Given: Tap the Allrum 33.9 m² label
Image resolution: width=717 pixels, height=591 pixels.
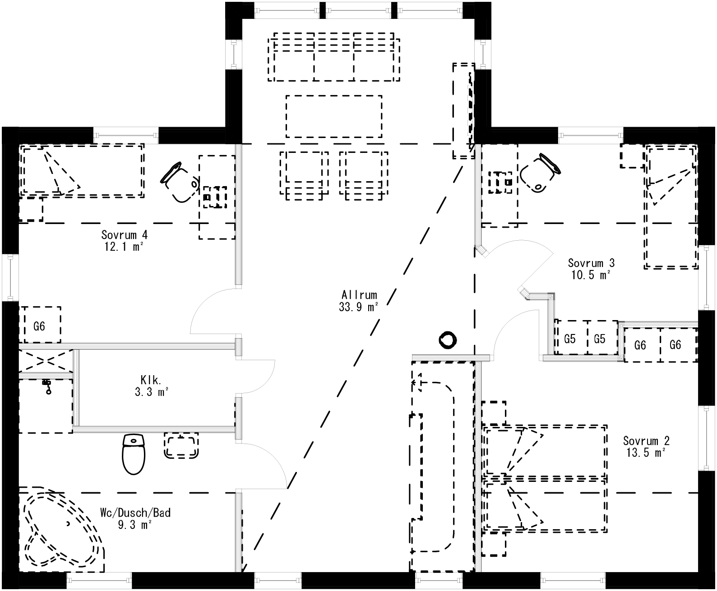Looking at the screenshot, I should coord(359,301).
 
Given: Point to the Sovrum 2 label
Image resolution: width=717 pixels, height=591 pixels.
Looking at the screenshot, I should coord(646,446).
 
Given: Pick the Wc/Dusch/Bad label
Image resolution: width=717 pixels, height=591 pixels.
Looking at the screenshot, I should coord(135,518).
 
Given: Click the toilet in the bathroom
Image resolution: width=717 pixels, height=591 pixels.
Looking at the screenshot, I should coord(134,454).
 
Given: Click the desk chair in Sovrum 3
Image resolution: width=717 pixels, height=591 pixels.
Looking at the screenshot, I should coord(540,174).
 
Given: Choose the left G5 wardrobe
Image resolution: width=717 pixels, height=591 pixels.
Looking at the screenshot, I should coord(570,339).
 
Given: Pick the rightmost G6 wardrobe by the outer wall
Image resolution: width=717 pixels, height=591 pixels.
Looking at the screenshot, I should coord(675,345).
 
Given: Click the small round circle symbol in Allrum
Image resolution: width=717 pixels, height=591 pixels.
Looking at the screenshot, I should coord(448,340).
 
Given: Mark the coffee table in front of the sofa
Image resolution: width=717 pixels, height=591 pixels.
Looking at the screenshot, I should coord(334,116).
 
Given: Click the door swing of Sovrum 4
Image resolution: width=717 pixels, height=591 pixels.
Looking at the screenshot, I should coord(212,311).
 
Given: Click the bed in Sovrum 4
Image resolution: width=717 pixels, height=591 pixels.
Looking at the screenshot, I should coord(82,170).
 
